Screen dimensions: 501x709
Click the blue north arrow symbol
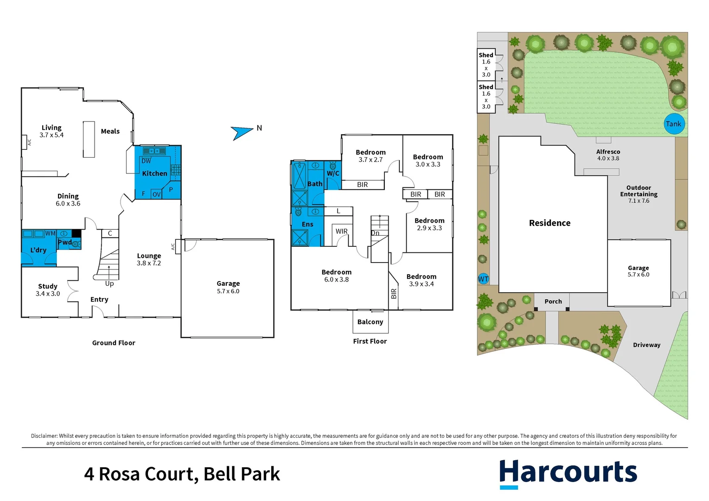click(x=242, y=133)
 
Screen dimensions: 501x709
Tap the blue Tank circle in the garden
click(x=674, y=124)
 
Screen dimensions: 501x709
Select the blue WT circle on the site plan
click(x=483, y=279)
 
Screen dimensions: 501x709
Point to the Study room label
click(x=48, y=286)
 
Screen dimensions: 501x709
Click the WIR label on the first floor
click(x=342, y=231)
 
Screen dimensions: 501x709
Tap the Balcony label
click(x=370, y=322)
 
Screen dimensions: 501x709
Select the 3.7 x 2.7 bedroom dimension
click(x=370, y=160)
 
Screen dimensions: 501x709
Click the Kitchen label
click(x=154, y=173)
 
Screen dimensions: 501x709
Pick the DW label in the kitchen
click(x=146, y=161)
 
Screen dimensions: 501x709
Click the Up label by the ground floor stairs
click(x=109, y=283)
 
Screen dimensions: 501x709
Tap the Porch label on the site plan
click(x=553, y=302)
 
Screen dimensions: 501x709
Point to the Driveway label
click(x=646, y=345)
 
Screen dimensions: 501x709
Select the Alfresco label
click(x=608, y=152)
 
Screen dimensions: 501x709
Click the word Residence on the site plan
click(x=549, y=223)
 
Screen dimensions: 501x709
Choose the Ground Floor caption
click(x=114, y=343)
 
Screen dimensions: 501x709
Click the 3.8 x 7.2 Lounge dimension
click(x=149, y=263)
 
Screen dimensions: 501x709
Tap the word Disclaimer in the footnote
click(x=44, y=436)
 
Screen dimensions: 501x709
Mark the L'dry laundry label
click(x=38, y=250)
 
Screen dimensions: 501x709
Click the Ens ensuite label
click(x=307, y=224)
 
